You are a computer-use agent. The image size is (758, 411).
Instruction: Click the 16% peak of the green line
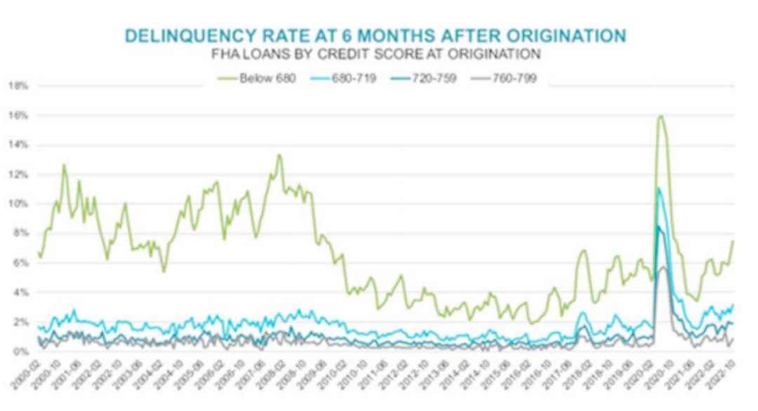pyautogui.click(x=660, y=116)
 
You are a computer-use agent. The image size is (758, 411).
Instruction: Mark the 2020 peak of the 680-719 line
pyautogui.click(x=658, y=188)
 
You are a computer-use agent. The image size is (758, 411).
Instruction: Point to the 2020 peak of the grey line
pyautogui.click(x=662, y=267)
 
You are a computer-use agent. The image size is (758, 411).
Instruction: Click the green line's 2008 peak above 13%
pyautogui.click(x=279, y=155)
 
